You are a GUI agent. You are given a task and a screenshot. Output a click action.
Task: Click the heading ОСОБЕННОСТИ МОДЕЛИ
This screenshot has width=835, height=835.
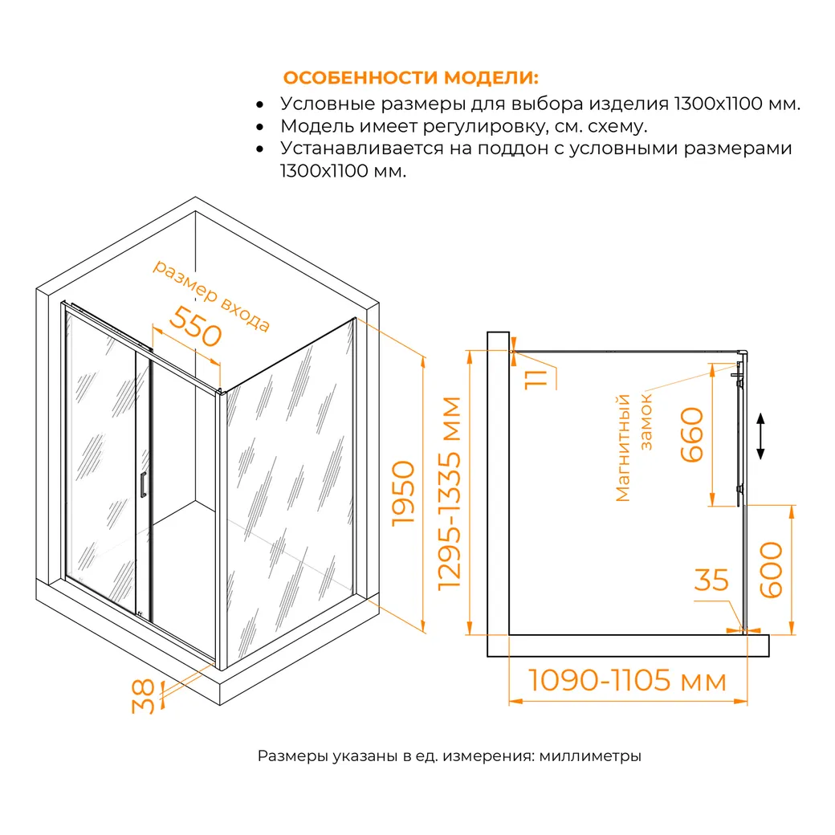pos(410,78)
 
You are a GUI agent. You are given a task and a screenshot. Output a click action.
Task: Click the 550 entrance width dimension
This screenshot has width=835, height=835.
pos(195,326)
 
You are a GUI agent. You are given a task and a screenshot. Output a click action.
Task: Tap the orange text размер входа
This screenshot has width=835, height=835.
pos(211,295)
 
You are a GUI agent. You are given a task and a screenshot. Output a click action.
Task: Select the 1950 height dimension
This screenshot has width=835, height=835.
pos(403,494)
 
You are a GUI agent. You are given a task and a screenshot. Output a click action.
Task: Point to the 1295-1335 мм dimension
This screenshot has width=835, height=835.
pos(449,494)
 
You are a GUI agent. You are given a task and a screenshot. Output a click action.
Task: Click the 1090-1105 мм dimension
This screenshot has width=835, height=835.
pos(627,680)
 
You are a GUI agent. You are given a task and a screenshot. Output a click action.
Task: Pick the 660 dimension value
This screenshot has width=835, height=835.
pos(692,434)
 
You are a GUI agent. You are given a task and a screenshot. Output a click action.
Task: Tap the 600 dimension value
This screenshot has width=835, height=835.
pos(771,570)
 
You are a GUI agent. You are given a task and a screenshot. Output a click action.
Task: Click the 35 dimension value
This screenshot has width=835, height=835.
pos(711,580)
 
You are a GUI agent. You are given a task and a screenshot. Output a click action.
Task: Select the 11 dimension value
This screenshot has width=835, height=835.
pos(536,379)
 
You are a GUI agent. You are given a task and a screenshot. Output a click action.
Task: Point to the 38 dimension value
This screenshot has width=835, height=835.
pos(143,696)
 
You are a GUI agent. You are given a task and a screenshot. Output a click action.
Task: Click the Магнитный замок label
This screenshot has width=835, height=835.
pos(633,448)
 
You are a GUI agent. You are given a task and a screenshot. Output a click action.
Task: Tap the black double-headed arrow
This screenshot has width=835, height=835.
pos(761,436)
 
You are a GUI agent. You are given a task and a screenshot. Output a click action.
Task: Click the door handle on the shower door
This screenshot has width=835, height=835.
pos(143,485)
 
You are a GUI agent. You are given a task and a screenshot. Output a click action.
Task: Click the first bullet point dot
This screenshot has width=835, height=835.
pos(260,105)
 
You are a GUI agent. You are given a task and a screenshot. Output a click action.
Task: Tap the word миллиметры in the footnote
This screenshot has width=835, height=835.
pos(590,756)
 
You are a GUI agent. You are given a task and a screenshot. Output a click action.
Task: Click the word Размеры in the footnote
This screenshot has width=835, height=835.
pos(293,756)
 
